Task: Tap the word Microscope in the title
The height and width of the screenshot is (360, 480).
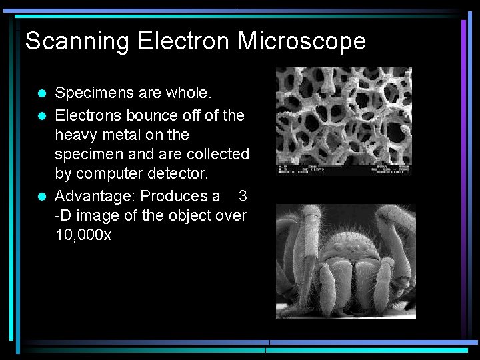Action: [x=302, y=41]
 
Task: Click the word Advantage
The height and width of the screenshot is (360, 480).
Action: [x=94, y=196]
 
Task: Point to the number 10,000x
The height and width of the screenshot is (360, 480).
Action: [x=83, y=235]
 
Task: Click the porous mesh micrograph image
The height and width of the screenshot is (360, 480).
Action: [x=344, y=113]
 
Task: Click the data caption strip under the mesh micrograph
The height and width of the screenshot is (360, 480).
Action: [x=344, y=169]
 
